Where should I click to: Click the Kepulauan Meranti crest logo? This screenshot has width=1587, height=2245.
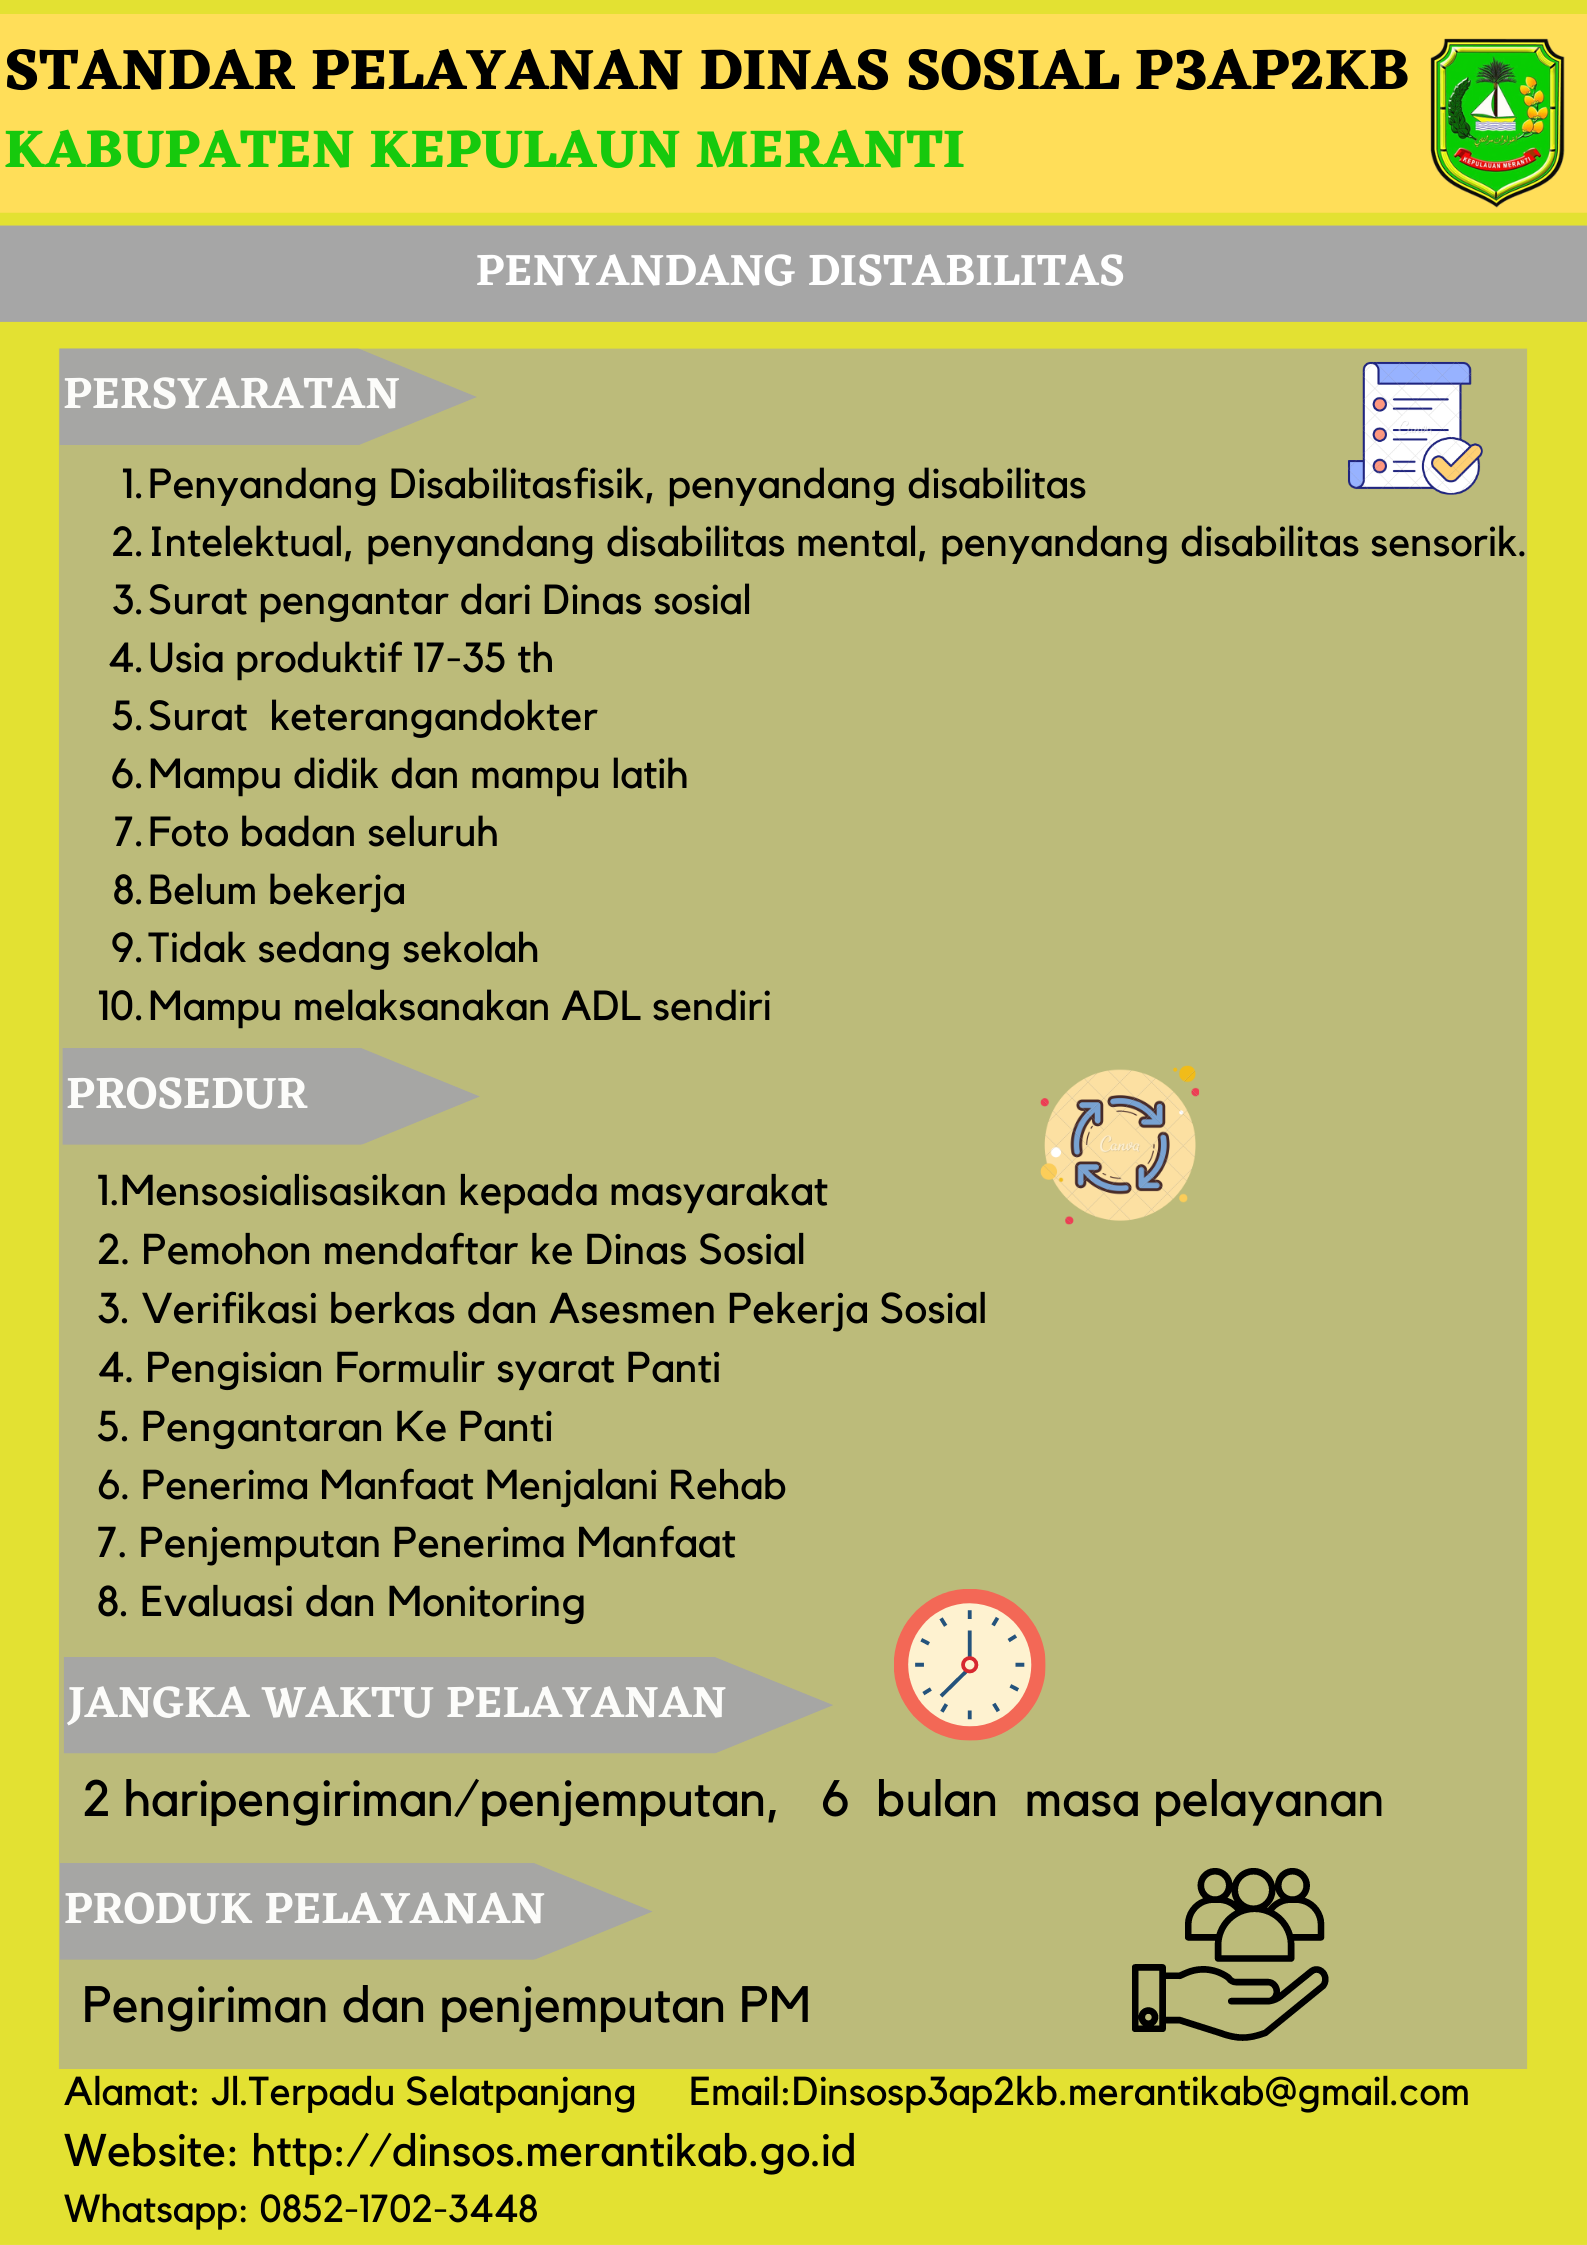point(1496,121)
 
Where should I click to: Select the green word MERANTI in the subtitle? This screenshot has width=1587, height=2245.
point(830,150)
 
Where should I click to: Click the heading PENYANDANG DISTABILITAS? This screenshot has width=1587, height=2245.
point(800,271)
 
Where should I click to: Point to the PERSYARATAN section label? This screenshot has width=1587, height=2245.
point(232,394)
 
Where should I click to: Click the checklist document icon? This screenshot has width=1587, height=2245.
point(1414,428)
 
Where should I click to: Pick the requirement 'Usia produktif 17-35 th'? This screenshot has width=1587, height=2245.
point(350,659)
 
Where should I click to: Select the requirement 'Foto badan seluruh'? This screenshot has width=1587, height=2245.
point(322,833)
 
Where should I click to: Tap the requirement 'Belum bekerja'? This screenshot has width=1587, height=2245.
point(276,891)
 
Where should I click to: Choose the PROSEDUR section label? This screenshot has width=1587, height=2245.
point(187,1094)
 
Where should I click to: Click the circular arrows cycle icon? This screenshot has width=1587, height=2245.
point(1120,1145)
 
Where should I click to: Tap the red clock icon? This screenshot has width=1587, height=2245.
point(969,1665)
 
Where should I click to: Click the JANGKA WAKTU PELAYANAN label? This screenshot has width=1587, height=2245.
point(396,1703)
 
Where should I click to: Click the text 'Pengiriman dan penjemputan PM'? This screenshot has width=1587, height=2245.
point(446,2005)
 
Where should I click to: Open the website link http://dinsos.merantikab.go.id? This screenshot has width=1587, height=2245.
point(554,2151)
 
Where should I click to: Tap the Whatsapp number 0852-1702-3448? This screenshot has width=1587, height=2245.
point(398,2209)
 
